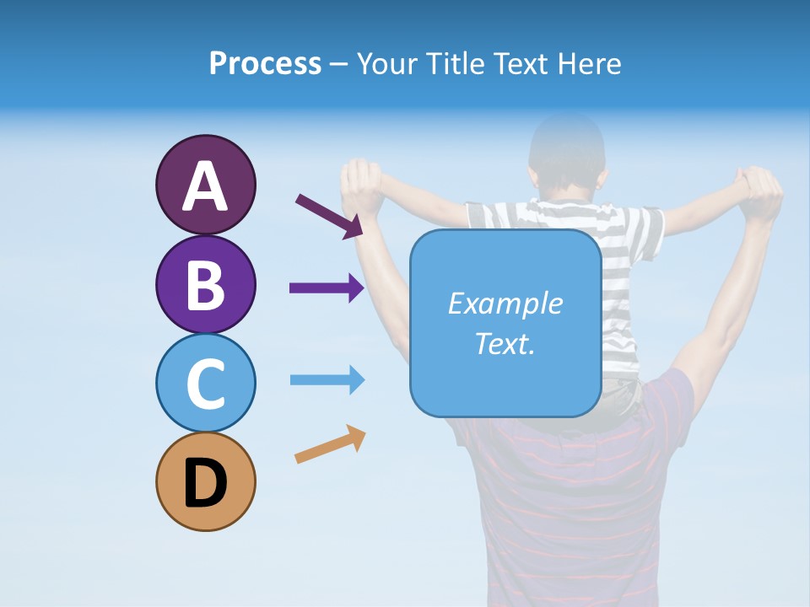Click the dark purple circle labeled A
205,185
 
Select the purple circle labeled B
205,284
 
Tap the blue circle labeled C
205,383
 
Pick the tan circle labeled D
205,481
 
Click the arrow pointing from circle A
328,216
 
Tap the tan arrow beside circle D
330,444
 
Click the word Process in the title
265,63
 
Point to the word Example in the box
505,303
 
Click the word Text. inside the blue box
505,343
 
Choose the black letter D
205,483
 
